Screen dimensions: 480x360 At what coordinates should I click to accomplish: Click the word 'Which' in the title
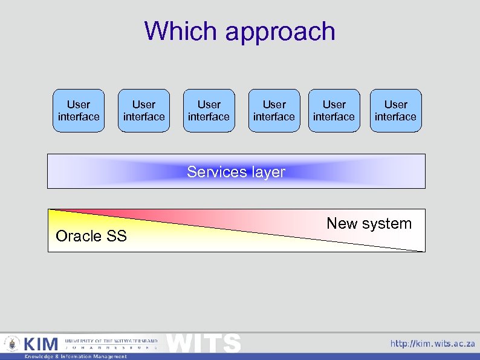pos(181,31)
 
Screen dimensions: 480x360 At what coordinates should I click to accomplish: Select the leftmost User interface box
pos(79,111)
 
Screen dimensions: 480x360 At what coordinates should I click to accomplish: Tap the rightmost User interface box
pos(395,111)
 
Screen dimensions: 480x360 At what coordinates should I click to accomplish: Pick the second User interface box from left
pos(144,111)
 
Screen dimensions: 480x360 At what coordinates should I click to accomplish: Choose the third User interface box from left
pos(209,111)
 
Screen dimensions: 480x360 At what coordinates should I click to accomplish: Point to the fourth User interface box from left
pos(274,111)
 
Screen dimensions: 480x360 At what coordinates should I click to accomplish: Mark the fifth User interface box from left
pos(334,111)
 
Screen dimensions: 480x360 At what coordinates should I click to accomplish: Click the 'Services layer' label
pos(236,172)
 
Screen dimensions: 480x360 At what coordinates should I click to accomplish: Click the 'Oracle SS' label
pos(91,236)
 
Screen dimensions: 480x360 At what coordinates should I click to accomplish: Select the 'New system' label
pos(369,223)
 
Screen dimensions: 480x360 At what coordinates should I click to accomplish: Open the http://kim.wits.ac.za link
pos(432,344)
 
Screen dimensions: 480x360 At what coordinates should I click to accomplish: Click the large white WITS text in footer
pos(204,342)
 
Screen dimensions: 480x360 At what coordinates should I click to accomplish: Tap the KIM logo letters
pos(41,344)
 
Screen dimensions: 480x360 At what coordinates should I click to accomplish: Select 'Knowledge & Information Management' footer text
pos(76,356)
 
